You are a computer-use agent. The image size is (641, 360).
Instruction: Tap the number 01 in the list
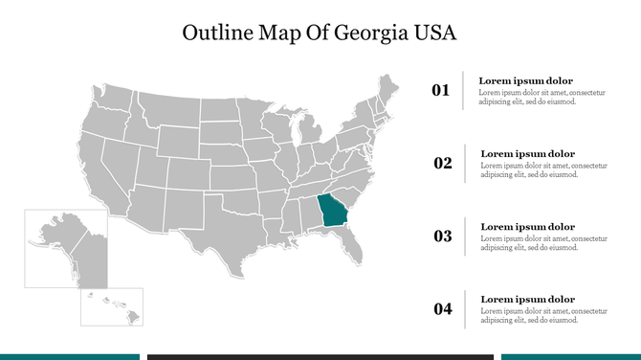[x=441, y=91]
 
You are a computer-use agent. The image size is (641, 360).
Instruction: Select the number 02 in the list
[x=443, y=163]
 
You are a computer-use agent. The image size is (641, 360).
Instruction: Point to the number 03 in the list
[x=443, y=236]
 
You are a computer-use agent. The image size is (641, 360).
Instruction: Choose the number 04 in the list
[x=443, y=308]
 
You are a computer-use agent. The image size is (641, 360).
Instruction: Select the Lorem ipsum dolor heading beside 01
[x=526, y=80]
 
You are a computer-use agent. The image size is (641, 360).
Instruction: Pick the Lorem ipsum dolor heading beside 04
[x=527, y=300]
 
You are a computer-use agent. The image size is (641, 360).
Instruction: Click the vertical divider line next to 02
[x=466, y=163]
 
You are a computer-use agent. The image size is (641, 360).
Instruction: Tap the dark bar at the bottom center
[x=320, y=356]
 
